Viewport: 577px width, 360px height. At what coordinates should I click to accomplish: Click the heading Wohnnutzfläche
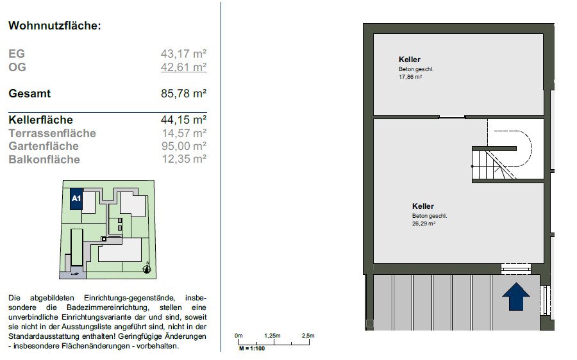click(54, 26)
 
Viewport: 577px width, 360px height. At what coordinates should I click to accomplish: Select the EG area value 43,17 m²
click(183, 54)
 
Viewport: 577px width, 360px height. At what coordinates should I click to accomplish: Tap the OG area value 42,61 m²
click(183, 67)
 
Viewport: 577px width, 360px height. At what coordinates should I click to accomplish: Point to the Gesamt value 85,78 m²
click(183, 94)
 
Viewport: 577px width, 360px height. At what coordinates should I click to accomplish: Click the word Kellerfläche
click(41, 120)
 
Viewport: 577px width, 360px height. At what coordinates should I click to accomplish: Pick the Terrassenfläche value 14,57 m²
click(185, 133)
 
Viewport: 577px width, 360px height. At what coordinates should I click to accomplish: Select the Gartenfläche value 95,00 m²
click(184, 146)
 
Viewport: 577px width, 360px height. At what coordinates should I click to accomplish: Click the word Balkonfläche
click(44, 160)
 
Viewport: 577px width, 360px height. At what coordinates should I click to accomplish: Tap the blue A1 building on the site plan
click(76, 199)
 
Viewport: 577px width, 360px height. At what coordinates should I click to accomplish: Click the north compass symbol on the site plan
click(147, 268)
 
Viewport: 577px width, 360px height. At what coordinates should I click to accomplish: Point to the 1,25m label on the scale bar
click(272, 336)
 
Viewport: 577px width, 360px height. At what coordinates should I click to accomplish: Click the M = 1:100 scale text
click(252, 348)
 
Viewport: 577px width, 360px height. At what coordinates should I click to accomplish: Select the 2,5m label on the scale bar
click(308, 336)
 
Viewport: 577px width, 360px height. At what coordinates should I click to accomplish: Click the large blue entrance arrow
click(516, 297)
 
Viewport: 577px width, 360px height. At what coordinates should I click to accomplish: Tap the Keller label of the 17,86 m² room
click(410, 60)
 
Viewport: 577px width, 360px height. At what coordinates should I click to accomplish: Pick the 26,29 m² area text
click(424, 224)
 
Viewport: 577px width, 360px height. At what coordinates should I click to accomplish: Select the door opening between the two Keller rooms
click(452, 117)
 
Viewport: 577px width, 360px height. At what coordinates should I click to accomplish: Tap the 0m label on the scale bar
click(238, 336)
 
